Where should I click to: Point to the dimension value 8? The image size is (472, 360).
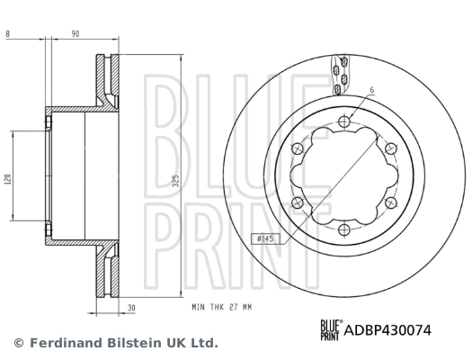[7, 33]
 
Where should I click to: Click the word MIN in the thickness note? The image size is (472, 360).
[199, 307]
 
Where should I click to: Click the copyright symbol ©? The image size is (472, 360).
[18, 343]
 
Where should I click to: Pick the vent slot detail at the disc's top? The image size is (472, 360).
[337, 76]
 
